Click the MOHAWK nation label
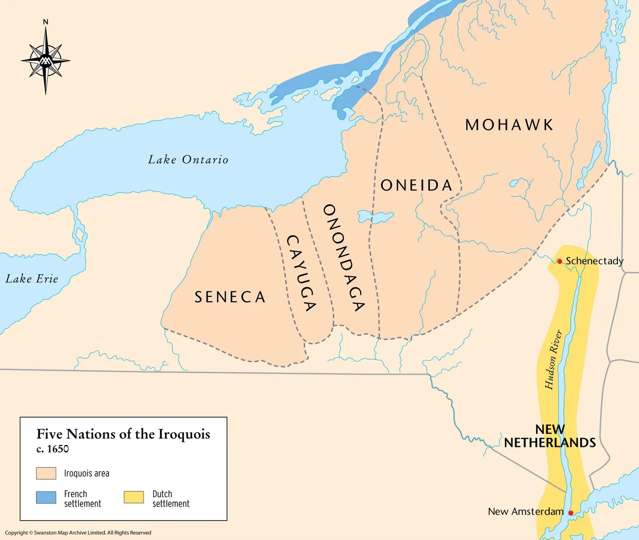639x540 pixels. [x=509, y=125]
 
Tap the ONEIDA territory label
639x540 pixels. [x=416, y=186]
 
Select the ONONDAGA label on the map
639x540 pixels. [x=344, y=258]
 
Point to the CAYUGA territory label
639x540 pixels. [x=301, y=273]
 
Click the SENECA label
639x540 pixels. [x=230, y=297]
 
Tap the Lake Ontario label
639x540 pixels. [x=188, y=160]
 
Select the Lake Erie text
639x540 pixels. [x=32, y=279]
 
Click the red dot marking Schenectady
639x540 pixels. [x=559, y=261]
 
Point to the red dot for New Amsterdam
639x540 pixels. [x=571, y=512]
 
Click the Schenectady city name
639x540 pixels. [x=594, y=261]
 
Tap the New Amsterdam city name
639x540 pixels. [x=525, y=511]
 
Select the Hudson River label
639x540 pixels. [x=553, y=360]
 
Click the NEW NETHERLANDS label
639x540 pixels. [x=550, y=436]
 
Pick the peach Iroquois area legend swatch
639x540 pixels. [x=46, y=473]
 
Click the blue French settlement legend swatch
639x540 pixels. [x=46, y=498]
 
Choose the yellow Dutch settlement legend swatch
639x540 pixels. [x=133, y=498]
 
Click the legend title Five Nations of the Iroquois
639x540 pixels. [x=123, y=434]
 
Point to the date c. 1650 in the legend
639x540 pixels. [x=53, y=449]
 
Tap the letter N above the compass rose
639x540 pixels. [x=46, y=22]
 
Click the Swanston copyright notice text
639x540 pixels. [x=78, y=533]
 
